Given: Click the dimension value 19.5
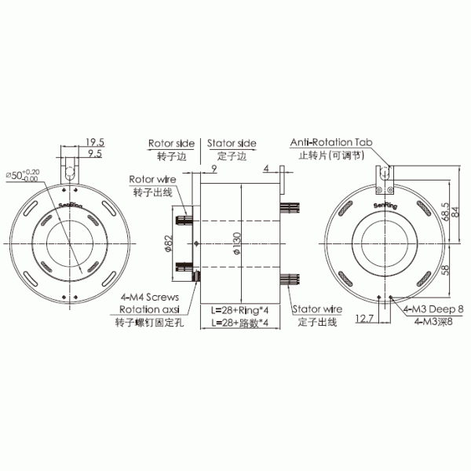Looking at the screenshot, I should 95,142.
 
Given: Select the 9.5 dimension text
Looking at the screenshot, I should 95,155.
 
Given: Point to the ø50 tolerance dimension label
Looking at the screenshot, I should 22,175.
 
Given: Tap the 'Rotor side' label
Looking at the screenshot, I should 171,144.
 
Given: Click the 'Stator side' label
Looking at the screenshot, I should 232,144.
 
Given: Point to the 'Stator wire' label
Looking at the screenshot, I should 316,311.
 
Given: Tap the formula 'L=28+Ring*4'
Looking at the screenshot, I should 240,311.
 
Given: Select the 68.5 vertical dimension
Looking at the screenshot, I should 446,211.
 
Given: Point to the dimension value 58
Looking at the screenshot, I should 446,269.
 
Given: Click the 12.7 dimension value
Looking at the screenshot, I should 364,318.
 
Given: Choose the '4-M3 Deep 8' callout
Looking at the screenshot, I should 434,311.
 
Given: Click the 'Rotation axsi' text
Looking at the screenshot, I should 149,310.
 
